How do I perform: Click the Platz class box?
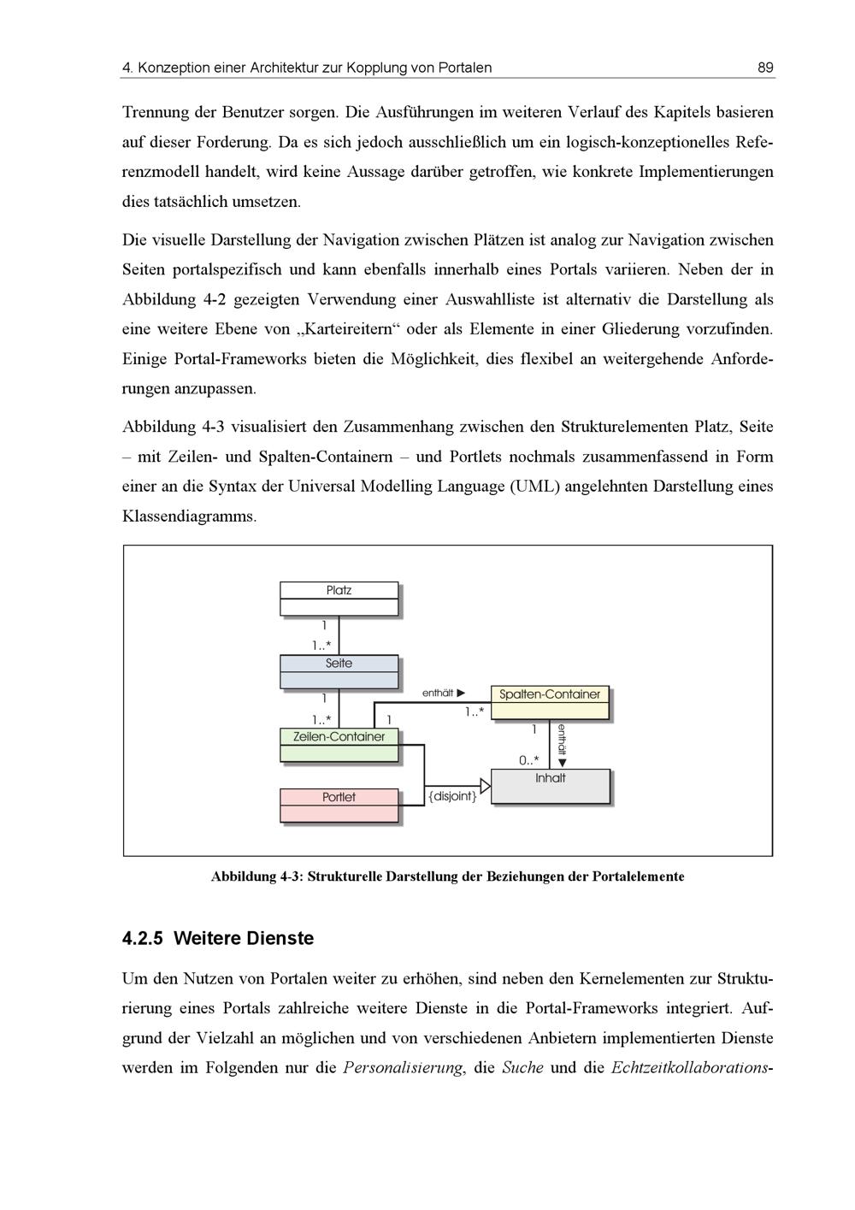click(339, 598)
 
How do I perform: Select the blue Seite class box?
click(339, 671)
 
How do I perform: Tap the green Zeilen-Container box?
click(339, 744)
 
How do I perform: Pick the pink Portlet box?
click(339, 805)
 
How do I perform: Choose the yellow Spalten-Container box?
click(550, 702)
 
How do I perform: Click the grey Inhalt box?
click(551, 786)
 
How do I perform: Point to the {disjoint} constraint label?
click(452, 797)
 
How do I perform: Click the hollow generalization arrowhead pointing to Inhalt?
click(485, 786)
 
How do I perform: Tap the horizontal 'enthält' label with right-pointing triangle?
click(444, 693)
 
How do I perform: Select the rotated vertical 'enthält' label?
click(562, 739)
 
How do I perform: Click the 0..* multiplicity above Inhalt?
click(529, 759)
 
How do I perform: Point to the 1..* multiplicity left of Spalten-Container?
click(475, 711)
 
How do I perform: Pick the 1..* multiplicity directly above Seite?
click(322, 646)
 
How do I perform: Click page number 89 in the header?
click(765, 68)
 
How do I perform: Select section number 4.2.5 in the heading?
click(142, 938)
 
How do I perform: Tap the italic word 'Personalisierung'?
click(402, 1067)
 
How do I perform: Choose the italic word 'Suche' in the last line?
click(522, 1067)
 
